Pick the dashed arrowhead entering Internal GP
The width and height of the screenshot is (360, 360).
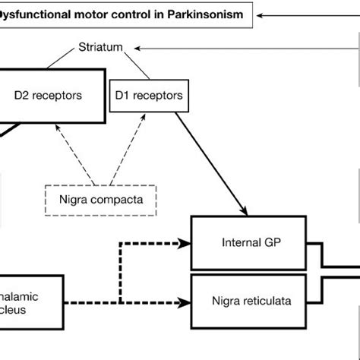click(185, 245)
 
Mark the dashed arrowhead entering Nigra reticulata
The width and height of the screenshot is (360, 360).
click(185, 303)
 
